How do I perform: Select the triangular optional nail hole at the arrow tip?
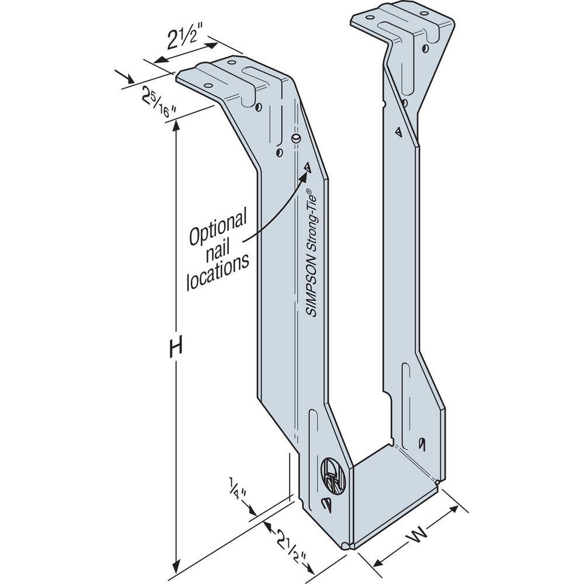tap(307, 167)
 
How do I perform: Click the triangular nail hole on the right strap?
tap(398, 131)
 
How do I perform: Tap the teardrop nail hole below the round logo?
tap(326, 504)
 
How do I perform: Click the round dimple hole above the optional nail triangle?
tap(296, 138)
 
